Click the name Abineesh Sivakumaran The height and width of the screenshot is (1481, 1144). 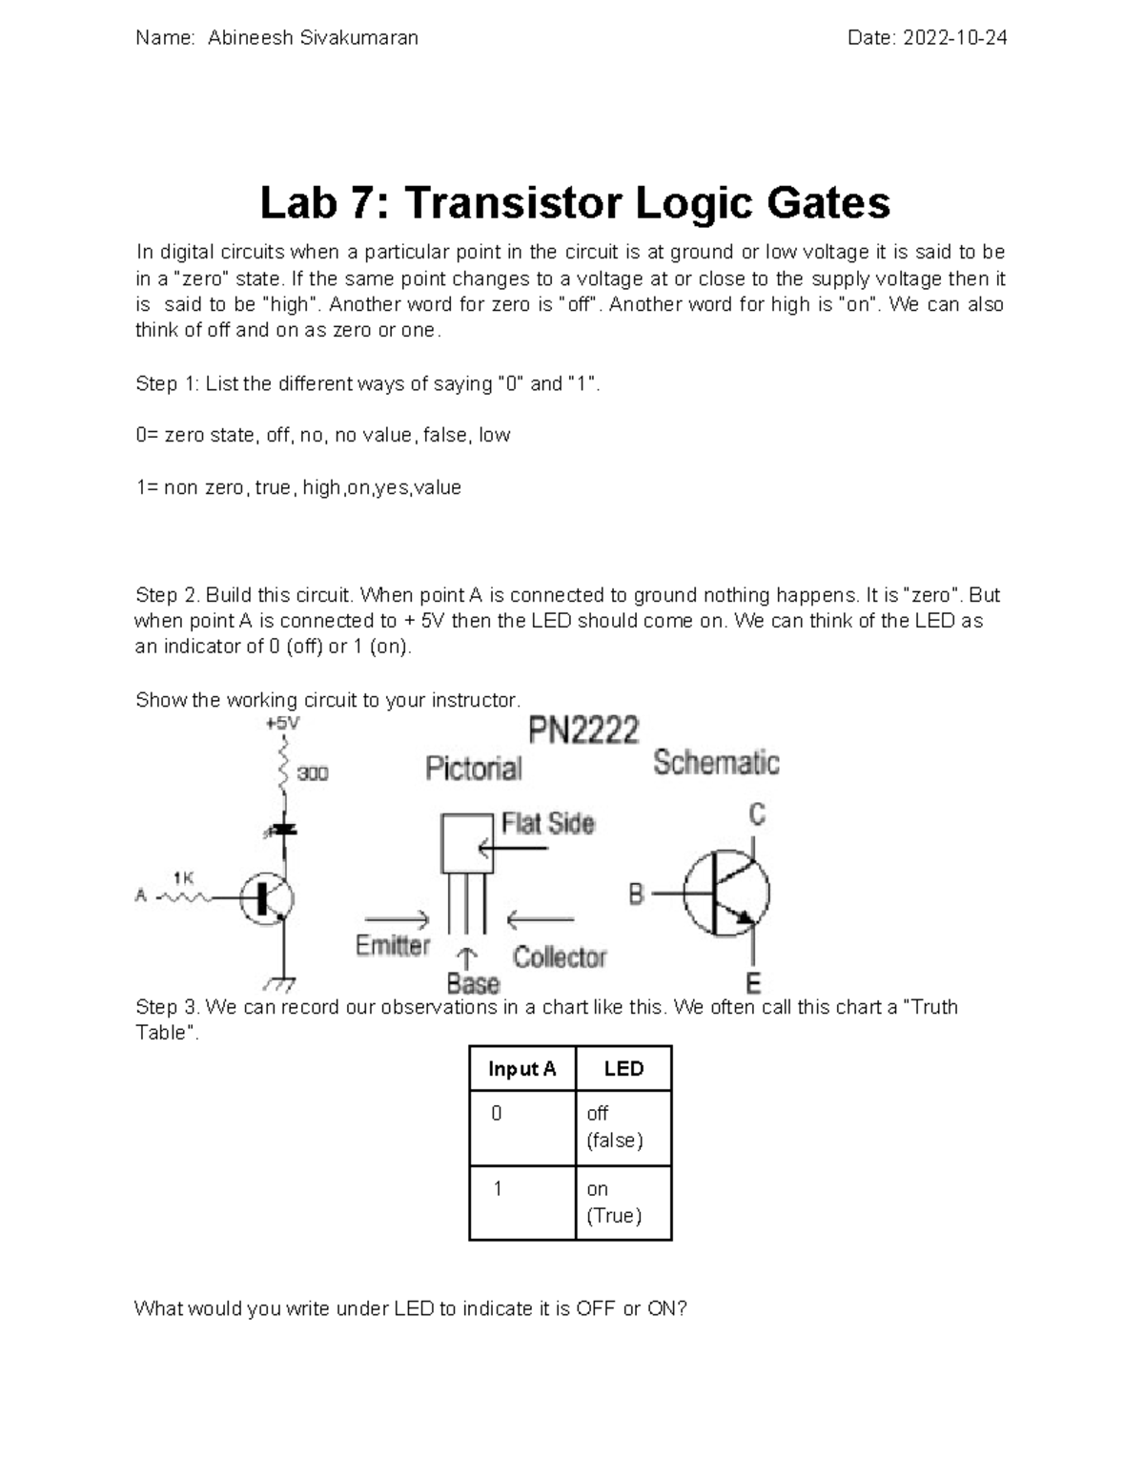pyautogui.click(x=313, y=38)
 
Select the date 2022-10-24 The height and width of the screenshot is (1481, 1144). pyautogui.click(x=954, y=38)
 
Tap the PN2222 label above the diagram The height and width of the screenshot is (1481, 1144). pyautogui.click(x=583, y=731)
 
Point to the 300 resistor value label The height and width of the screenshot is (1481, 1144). pyautogui.click(x=312, y=773)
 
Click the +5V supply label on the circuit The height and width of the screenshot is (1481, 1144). pyautogui.click(x=282, y=724)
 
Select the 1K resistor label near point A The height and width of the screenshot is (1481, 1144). pyautogui.click(x=183, y=876)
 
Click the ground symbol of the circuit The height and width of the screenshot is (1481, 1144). pyautogui.click(x=282, y=982)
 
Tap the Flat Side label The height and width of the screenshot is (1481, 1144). pyautogui.click(x=547, y=823)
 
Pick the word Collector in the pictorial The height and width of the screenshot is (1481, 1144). pyautogui.click(x=560, y=957)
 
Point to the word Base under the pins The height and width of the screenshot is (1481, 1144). pyautogui.click(x=473, y=983)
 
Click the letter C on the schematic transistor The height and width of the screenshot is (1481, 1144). pyautogui.click(x=757, y=814)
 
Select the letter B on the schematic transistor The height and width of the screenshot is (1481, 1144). pyautogui.click(x=636, y=895)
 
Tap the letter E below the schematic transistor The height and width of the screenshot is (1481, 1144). pyautogui.click(x=753, y=982)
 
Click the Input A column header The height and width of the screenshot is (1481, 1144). pyautogui.click(x=521, y=1069)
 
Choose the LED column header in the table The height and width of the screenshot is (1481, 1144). pyautogui.click(x=623, y=1069)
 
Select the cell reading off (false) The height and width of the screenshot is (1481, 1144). pyautogui.click(x=615, y=1127)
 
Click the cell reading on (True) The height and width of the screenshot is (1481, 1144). pyautogui.click(x=614, y=1203)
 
